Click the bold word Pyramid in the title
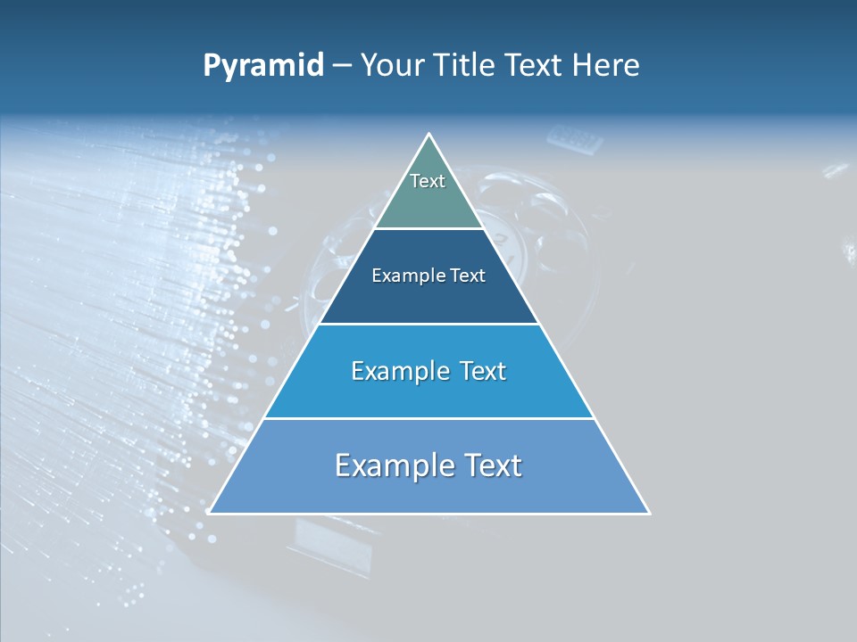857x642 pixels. point(262,66)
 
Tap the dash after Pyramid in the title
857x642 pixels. point(341,66)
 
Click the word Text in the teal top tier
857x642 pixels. point(428,181)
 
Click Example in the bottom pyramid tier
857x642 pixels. point(388,465)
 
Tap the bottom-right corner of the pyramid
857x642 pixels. point(648,513)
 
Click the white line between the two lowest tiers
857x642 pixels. point(429,418)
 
